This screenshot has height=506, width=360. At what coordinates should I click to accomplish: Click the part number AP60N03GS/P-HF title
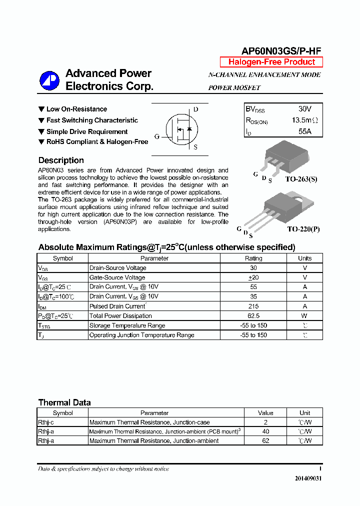281,50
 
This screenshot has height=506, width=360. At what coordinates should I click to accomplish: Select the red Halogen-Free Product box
271,62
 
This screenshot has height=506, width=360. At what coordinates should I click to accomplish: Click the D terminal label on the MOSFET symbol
195,109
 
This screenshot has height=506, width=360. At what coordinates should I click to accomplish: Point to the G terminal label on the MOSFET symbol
157,136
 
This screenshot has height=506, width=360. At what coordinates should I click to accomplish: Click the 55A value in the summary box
304,131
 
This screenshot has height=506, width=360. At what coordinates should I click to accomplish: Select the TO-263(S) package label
301,178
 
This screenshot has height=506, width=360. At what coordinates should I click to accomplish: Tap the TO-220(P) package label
303,228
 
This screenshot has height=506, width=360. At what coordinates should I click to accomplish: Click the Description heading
61,160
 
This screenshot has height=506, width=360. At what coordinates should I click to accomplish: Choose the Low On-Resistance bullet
76,109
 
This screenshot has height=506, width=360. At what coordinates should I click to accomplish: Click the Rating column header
253,258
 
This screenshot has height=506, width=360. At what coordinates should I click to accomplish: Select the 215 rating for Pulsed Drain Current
253,306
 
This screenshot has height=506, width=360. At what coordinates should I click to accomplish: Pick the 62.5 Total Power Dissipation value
253,315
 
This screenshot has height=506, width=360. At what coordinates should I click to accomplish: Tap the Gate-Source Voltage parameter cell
117,277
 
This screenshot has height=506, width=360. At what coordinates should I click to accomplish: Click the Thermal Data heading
64,402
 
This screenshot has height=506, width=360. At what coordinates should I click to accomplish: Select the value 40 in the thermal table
265,431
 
